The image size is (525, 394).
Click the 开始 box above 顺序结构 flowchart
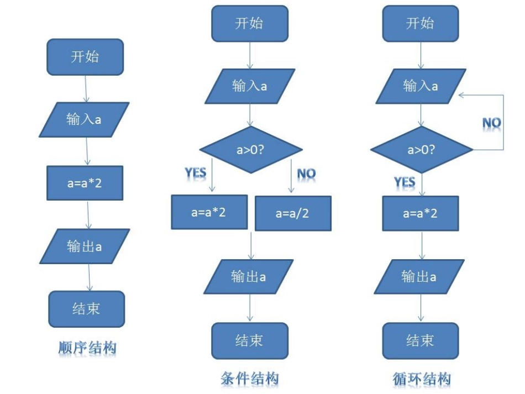point(85,57)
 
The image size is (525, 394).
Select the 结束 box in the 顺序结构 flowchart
point(86,309)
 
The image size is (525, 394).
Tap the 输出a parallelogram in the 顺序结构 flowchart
point(85,246)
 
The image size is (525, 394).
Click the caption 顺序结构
point(87,348)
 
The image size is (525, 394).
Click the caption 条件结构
point(249,379)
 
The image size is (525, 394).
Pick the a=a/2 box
point(293,213)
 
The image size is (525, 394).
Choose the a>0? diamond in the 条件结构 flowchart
point(250,149)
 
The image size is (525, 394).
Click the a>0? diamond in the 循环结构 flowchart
point(421,150)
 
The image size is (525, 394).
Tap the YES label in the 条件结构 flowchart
point(196,173)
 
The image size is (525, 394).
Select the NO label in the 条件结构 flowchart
point(306,174)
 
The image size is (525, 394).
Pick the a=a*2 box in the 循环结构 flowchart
point(420,213)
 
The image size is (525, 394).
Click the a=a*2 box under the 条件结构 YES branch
point(209,213)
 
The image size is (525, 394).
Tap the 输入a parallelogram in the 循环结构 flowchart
point(421,86)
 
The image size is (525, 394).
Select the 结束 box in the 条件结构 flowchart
point(250,340)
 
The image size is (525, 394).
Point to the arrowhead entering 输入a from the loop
point(462,95)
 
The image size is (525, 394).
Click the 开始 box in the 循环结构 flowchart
point(420,24)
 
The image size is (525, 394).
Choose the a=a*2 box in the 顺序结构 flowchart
point(85,183)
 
